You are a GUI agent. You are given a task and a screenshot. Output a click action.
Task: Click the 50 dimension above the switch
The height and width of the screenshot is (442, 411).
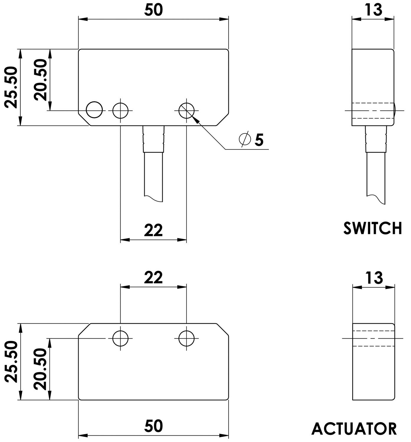(153, 10)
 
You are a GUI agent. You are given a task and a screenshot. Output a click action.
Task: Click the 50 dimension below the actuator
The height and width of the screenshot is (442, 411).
(153, 426)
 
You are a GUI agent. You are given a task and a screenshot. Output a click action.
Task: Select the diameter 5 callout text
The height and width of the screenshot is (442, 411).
(251, 139)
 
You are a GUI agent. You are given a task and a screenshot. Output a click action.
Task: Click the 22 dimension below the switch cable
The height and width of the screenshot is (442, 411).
(153, 230)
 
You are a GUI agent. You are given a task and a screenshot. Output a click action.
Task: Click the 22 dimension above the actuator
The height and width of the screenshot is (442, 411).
(153, 278)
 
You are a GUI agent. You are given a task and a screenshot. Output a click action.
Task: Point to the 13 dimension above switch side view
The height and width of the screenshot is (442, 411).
(373, 10)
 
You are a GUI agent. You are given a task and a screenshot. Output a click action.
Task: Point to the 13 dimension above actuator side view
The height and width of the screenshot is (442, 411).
(374, 278)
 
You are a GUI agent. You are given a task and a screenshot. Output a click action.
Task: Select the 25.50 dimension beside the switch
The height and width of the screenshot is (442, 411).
(11, 87)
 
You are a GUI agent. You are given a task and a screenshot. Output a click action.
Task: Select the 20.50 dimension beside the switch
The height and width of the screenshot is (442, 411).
(40, 80)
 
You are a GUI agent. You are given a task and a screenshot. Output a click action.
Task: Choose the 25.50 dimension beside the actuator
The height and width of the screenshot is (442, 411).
(11, 362)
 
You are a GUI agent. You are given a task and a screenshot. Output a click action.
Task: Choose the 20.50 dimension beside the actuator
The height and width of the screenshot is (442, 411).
(40, 369)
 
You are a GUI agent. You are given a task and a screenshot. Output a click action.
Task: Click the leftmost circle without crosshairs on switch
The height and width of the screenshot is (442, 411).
(94, 110)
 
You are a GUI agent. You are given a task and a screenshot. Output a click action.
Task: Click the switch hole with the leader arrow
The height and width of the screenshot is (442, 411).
(186, 111)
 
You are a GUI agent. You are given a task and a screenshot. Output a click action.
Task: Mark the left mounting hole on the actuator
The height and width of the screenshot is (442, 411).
(120, 338)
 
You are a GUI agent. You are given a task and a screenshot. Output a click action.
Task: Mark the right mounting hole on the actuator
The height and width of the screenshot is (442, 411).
(186, 338)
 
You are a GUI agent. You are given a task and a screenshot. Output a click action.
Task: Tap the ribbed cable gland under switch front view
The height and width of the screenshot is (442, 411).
(153, 139)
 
